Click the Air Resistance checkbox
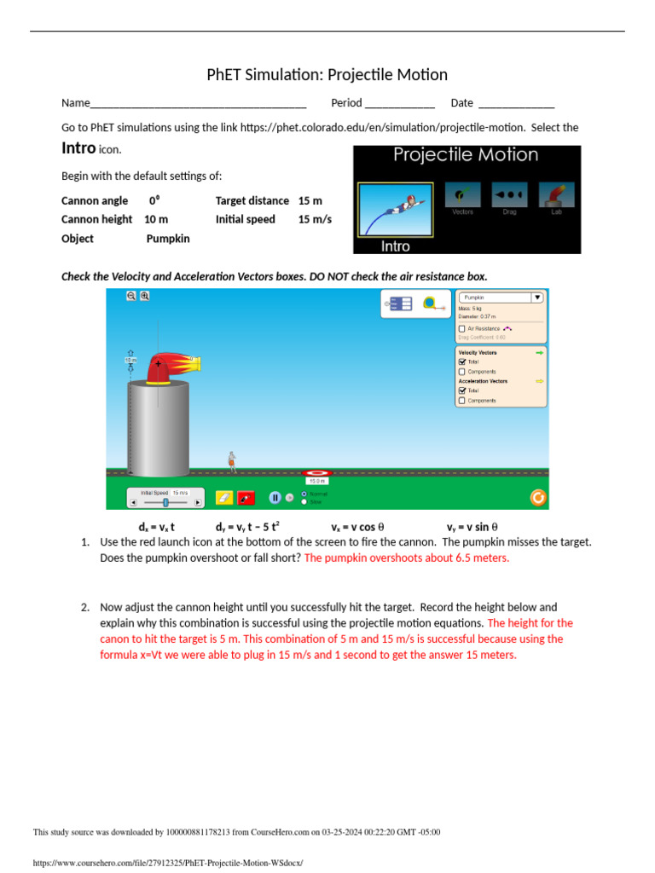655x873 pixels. click(462, 328)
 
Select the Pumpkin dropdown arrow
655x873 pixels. click(536, 298)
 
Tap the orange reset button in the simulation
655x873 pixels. click(537, 498)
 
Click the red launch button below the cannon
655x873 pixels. click(246, 497)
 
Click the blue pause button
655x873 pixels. click(275, 497)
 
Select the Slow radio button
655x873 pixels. click(305, 502)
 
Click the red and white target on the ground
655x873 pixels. click(316, 472)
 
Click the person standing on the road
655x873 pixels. click(231, 460)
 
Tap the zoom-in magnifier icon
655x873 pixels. click(145, 296)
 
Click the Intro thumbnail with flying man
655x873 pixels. click(396, 209)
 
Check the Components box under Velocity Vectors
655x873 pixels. click(462, 372)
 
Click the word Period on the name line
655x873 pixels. click(346, 103)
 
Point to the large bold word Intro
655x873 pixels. click(78, 148)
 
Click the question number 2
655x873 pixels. click(85, 608)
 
